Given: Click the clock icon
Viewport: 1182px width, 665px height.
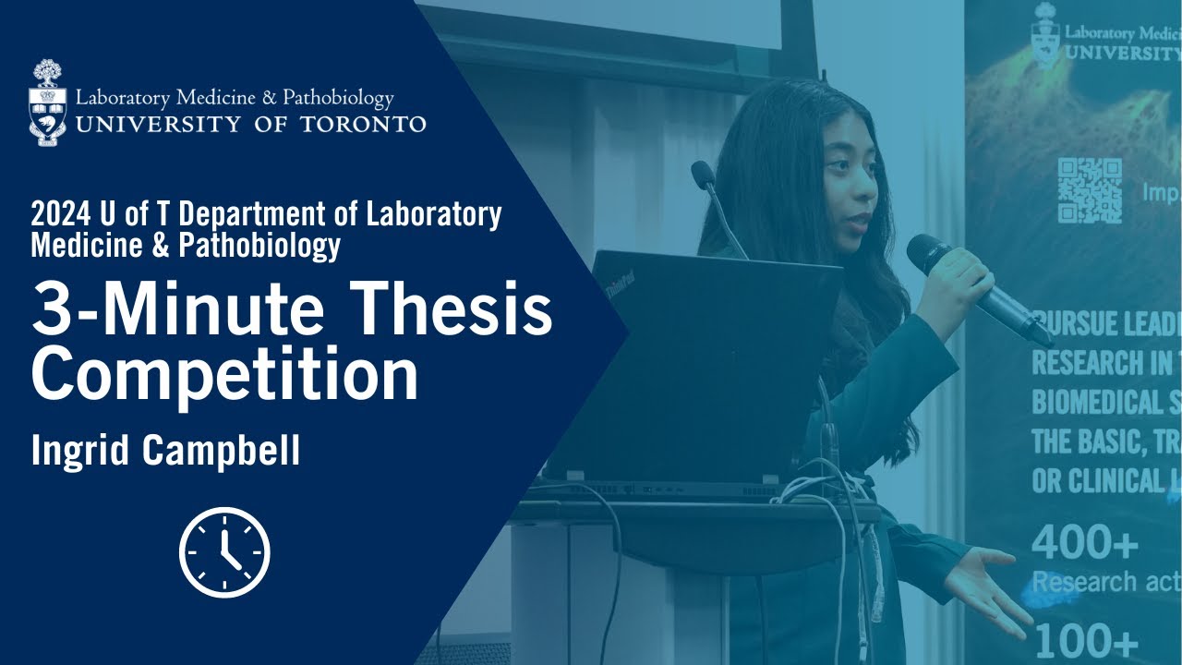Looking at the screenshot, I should coord(224,552).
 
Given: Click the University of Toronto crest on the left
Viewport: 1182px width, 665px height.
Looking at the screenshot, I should coord(48,103).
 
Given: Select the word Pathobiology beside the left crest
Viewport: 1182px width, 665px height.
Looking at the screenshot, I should coord(338,98).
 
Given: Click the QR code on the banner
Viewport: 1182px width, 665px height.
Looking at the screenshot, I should coord(1090,189).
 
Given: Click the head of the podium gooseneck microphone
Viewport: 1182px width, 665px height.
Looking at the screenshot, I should coord(703,173).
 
